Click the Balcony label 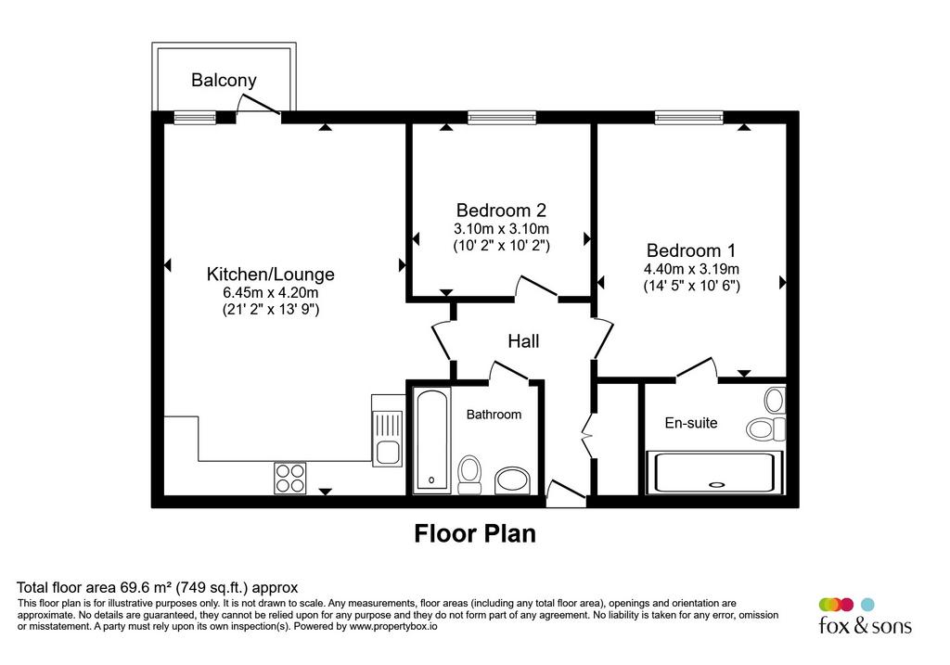[224, 81]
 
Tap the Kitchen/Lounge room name [270, 275]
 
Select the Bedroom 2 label [501, 211]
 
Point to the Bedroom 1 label [691, 250]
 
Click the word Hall [523, 341]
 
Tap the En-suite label [690, 423]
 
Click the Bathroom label [494, 415]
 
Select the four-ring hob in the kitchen [290, 478]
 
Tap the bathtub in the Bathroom [432, 441]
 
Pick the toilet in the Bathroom [469, 475]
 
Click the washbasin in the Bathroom [512, 480]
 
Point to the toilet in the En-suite [765, 428]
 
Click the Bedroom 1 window [689, 118]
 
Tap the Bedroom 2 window [502, 118]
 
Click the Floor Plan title [475, 533]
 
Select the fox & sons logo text [866, 624]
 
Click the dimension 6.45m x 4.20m [271, 292]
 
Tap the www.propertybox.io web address [392, 626]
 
